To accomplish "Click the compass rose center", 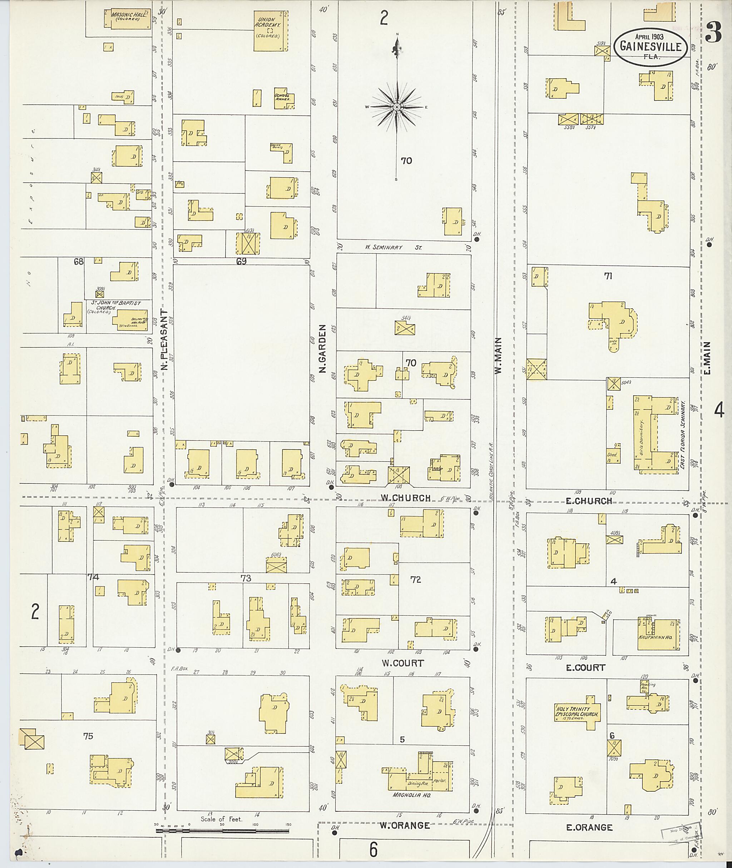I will (x=397, y=107).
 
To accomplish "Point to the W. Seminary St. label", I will (x=393, y=247).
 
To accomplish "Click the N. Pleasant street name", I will (x=164, y=340).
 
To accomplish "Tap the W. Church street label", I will (x=405, y=498).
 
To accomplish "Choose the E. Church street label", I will (x=589, y=501).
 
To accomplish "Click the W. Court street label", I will (x=402, y=663).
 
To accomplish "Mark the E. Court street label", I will (x=586, y=667).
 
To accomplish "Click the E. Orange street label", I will (x=589, y=827).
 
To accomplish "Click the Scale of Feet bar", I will (x=222, y=831).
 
